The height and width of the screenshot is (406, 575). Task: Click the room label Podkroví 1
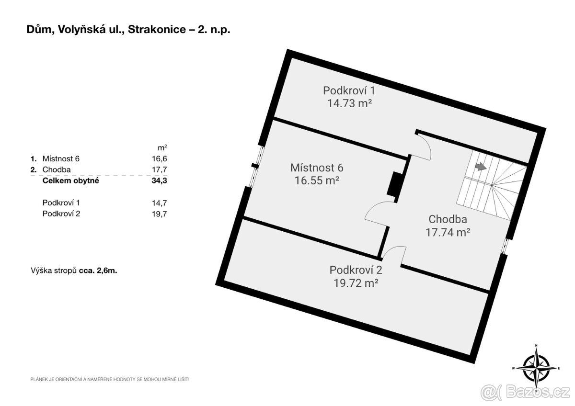tap(349, 90)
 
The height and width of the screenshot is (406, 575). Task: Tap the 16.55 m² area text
tap(317, 180)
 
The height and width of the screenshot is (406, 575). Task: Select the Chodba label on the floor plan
tap(448, 220)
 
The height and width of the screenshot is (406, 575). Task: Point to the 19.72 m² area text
tap(356, 282)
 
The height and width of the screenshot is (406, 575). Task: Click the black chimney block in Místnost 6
tap(395, 183)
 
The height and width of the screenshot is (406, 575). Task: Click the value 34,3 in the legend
tap(161, 181)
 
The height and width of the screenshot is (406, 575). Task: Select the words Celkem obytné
tap(71, 181)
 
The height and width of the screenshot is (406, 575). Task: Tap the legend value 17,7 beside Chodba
tap(161, 169)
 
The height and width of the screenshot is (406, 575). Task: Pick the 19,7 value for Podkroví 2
tap(161, 214)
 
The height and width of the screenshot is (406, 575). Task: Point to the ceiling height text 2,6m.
tap(107, 271)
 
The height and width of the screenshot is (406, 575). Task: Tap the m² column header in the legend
tap(163, 147)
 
